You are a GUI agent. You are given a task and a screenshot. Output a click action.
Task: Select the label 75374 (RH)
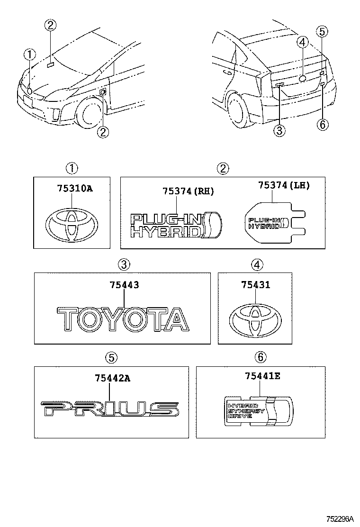188,191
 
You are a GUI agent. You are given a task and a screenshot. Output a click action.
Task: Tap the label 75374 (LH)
284,185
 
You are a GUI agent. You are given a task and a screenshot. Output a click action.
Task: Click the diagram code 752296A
340,519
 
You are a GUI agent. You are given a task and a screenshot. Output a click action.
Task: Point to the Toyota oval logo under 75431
255,321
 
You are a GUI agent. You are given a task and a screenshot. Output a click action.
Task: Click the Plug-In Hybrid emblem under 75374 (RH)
176,225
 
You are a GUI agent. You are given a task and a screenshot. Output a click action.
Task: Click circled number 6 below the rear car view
322,125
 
